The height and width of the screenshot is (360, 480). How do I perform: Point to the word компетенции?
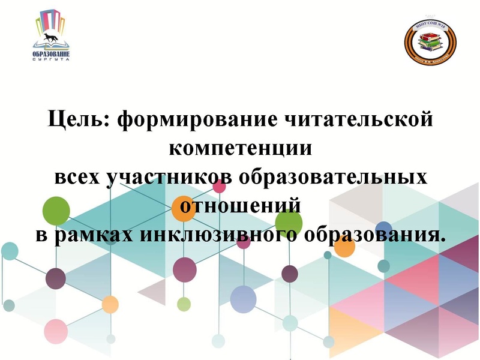[241, 148]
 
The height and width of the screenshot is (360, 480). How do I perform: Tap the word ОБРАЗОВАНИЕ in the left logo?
[52, 53]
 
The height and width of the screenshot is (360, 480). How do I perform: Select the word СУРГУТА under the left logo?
[52, 60]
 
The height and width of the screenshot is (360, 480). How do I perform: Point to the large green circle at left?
[56, 210]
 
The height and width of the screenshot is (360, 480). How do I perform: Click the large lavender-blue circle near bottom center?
[243, 299]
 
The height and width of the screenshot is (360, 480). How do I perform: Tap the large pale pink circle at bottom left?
[56, 331]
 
